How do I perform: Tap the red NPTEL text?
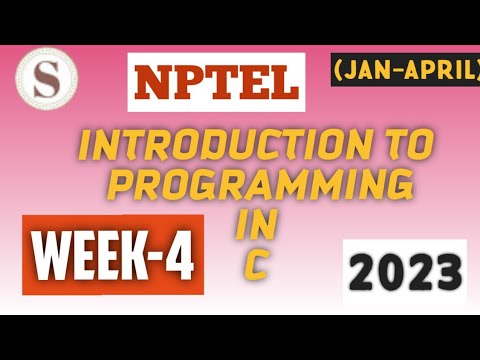[x=213, y=82]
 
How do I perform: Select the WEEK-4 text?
[x=112, y=255]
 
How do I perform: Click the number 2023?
[x=404, y=271]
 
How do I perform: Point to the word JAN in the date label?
[x=363, y=68]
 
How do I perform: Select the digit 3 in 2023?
[x=444, y=271]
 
